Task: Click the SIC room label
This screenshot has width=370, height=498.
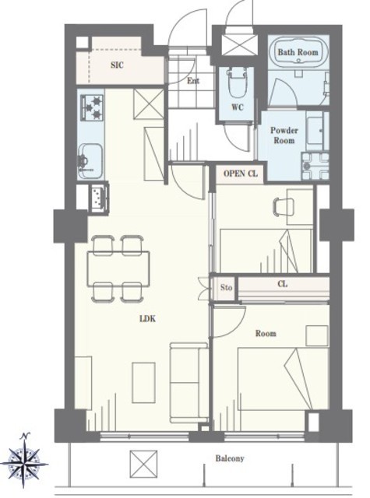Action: pos(117,65)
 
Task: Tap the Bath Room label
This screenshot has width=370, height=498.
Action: pos(298,52)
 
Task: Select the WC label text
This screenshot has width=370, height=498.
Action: pos(238,107)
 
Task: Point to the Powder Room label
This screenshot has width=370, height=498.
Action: pos(284,135)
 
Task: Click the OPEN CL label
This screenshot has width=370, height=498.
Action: pos(241,174)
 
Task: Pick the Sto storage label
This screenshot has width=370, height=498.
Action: pos(227,288)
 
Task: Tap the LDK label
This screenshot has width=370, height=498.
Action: pos(148,318)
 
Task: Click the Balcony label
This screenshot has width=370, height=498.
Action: pos(230,458)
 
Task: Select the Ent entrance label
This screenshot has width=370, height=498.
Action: pos(193,81)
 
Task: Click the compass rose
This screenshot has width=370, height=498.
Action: pos(24,461)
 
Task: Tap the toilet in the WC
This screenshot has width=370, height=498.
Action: pos(237,82)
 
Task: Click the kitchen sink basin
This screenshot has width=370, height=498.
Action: pos(90,161)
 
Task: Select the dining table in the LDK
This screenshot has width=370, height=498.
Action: pos(118,268)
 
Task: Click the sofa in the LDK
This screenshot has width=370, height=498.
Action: pos(189,382)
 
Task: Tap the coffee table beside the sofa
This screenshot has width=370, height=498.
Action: pos(143,383)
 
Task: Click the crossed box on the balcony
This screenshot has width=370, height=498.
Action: pos(143,464)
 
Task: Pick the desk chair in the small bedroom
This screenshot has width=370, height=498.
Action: pos(282,207)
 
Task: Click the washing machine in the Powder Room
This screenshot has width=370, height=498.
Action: pos(315,166)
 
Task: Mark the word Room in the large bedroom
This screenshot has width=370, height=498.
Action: pos(266,334)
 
